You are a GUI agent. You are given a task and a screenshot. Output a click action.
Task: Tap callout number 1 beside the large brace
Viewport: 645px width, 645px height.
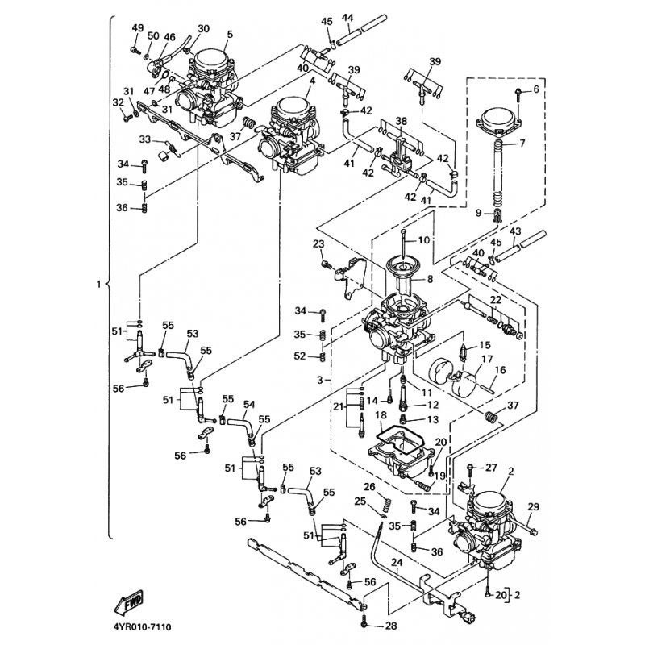point(98,285)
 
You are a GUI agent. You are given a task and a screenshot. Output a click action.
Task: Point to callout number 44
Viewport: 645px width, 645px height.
point(347,18)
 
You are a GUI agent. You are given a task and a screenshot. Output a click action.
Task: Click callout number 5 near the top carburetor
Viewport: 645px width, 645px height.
point(230,34)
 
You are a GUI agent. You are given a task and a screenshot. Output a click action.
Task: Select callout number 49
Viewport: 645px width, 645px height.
point(136,28)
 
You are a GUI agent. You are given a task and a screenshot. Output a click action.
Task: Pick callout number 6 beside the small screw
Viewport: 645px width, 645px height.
point(535,89)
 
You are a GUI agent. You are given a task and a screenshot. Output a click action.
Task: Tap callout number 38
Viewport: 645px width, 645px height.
point(401,121)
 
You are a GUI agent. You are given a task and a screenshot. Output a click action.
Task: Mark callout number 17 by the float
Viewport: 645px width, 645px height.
point(509,360)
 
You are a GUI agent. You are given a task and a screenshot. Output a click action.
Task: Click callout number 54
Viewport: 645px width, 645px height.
point(249,404)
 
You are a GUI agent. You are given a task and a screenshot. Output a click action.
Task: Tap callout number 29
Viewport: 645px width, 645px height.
point(532,506)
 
